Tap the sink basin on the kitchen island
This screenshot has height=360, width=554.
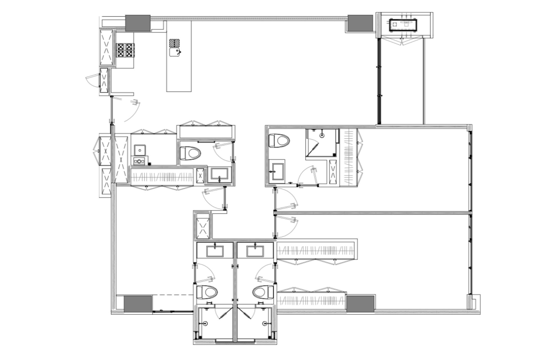pos(175,52)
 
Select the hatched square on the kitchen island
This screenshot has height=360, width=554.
pos(175,43)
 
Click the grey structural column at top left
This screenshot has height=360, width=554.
pos(138,23)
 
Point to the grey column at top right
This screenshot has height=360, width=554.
pos(360,23)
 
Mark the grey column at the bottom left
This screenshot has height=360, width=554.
pos(138,304)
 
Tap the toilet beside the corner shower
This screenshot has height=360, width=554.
pos(279,141)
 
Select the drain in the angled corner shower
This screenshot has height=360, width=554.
pos(322,135)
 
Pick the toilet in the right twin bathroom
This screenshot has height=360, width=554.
pos(263,292)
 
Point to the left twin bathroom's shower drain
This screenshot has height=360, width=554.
pos(205,323)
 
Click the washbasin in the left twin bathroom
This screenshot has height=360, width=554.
pos(215,251)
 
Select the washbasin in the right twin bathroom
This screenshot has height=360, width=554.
pos(255,251)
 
